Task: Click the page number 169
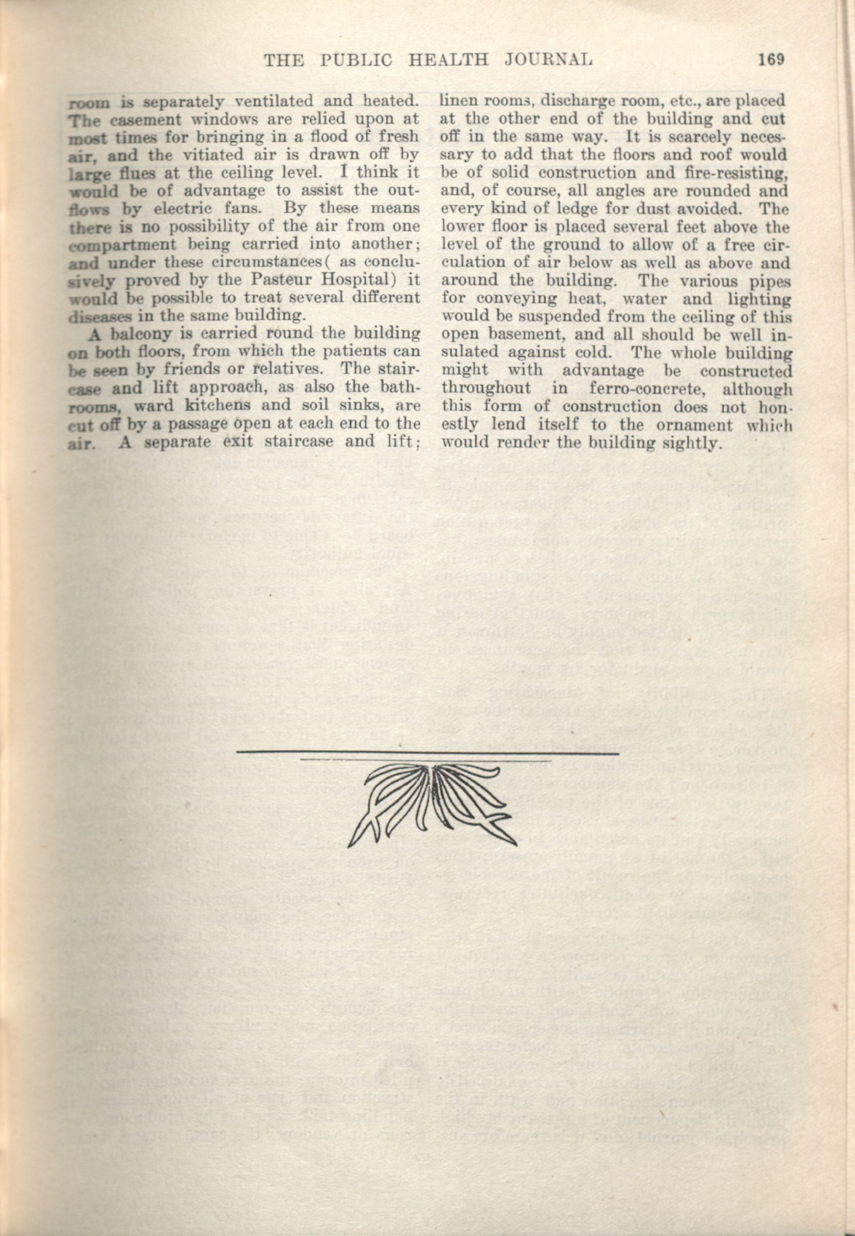pos(771,59)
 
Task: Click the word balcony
pos(142,334)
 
